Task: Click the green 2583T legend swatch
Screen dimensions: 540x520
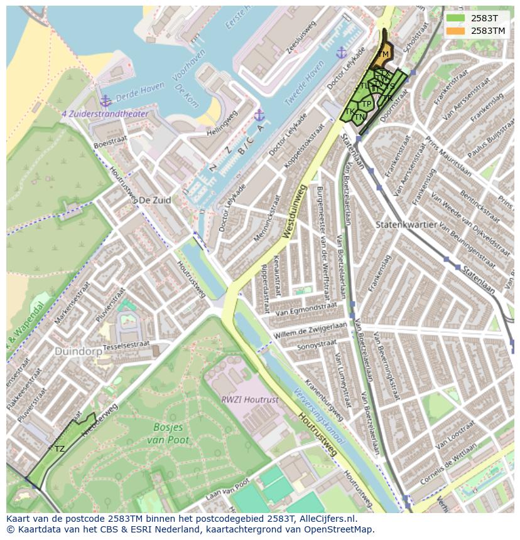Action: [x=456, y=19]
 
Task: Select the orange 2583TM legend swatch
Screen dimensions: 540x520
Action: [x=456, y=31]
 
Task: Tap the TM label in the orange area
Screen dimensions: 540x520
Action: [x=383, y=55]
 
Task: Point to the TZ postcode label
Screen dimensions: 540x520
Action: [x=60, y=449]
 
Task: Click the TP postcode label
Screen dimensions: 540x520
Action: [x=366, y=104]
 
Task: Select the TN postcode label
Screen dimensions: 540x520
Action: [x=359, y=117]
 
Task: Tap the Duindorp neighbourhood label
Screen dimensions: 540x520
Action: [x=78, y=352]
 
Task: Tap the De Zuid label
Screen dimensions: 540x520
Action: [x=154, y=200]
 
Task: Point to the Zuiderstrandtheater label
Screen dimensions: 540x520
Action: [x=105, y=114]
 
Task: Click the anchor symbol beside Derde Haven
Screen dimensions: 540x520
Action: [x=105, y=100]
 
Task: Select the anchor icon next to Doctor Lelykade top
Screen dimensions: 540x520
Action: [x=341, y=53]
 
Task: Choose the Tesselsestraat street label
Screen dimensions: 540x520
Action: [x=126, y=344]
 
